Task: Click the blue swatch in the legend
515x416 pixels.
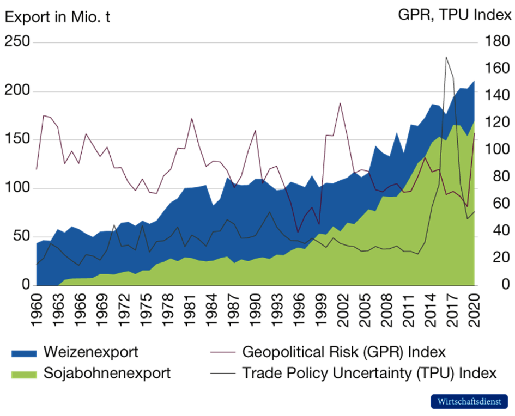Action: coord(24,353)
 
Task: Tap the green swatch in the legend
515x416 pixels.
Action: coord(24,374)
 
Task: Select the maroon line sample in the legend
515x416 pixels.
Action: coord(223,352)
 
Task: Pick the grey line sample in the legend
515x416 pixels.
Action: coord(223,374)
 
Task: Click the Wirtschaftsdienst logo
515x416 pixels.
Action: coord(469,401)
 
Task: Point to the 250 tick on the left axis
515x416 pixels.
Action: coord(16,42)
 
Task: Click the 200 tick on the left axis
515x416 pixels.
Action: coord(16,91)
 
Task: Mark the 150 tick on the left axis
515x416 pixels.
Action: coord(16,139)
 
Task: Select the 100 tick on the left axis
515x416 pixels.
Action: coord(16,188)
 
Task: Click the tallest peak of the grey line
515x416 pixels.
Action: coord(446,56)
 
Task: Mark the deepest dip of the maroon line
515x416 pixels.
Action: coord(298,231)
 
